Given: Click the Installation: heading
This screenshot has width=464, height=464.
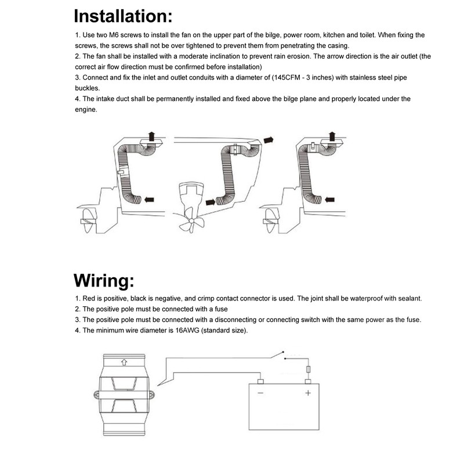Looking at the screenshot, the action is pyautogui.click(x=123, y=16).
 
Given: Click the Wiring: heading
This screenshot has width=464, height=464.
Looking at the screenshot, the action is pyautogui.click(x=104, y=281).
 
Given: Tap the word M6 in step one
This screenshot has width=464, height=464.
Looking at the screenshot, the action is pyautogui.click(x=113, y=35).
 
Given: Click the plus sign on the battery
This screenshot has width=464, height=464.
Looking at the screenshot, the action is pyautogui.click(x=308, y=393).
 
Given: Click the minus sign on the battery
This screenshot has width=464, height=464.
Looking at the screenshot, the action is pyautogui.click(x=260, y=393).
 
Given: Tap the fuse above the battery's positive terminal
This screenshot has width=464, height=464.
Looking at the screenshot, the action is pyautogui.click(x=308, y=369).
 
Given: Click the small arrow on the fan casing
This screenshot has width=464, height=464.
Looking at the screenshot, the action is pyautogui.click(x=124, y=362).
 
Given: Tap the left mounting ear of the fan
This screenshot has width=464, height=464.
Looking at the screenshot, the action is pyautogui.click(x=97, y=395).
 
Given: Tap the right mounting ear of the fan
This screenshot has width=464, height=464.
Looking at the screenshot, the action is pyautogui.click(x=151, y=395).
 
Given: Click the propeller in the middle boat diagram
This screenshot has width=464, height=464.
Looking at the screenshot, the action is pyautogui.click(x=191, y=220).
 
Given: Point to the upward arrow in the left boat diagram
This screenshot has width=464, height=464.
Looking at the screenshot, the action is pyautogui.click(x=152, y=136).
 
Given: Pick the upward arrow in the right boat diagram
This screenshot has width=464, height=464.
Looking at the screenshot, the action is pyautogui.click(x=332, y=136).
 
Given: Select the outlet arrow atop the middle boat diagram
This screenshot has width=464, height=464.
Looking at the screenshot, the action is pyautogui.click(x=269, y=140).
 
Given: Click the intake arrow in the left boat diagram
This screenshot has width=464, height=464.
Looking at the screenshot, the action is pyautogui.click(x=149, y=200).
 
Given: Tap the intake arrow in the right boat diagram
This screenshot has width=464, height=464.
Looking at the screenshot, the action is pyautogui.click(x=329, y=200).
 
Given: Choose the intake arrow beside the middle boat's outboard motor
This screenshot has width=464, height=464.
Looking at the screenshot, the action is pyautogui.click(x=211, y=202).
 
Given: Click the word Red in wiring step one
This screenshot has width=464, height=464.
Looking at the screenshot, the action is pyautogui.click(x=89, y=298).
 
